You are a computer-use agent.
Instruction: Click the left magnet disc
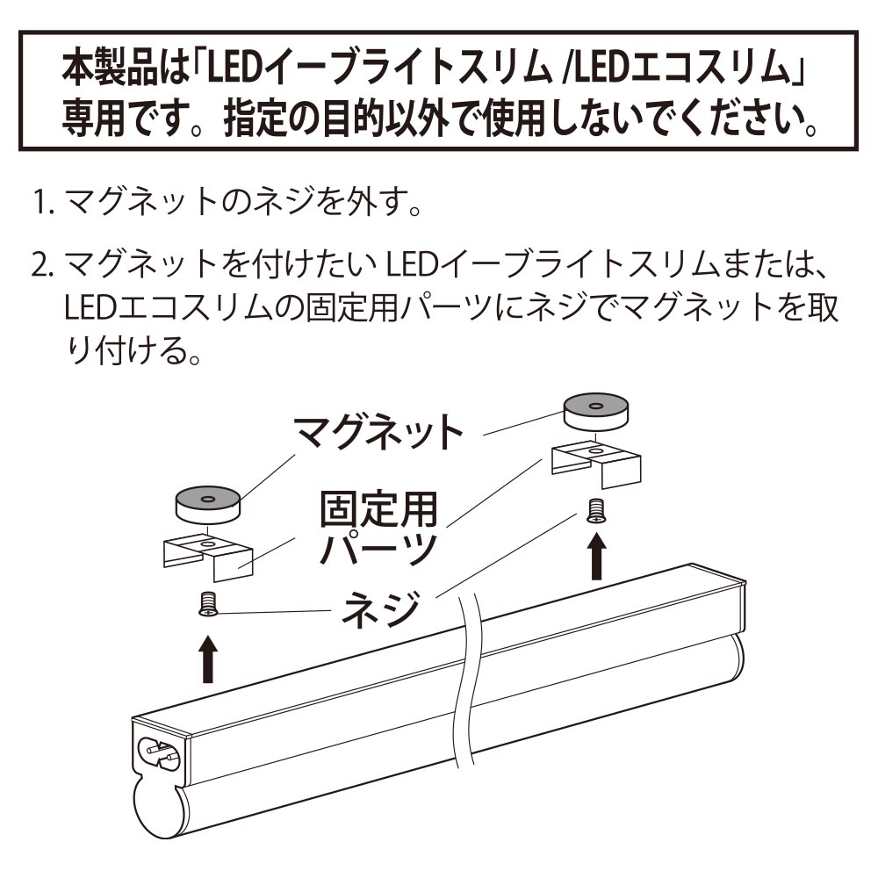[x=207, y=504]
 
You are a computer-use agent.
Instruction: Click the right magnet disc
[x=595, y=412]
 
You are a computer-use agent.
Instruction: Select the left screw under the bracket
[x=207, y=604]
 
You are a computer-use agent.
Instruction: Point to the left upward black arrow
[x=208, y=658]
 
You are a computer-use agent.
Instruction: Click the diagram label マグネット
[x=379, y=430]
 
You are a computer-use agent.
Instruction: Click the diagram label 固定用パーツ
[x=378, y=529]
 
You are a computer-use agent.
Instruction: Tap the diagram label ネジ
[x=381, y=609]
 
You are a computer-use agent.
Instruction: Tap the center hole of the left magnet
[x=207, y=498]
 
